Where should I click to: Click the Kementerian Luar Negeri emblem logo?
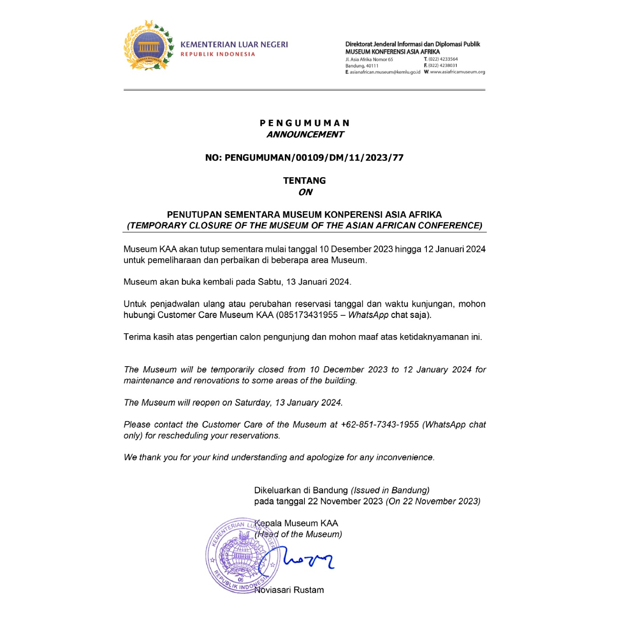tap(148, 45)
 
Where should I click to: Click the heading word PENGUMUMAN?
tap(304, 123)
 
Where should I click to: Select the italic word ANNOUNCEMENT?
tap(305, 135)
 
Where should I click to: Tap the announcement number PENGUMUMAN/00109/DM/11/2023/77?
tap(314, 158)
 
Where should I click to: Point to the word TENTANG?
tap(304, 181)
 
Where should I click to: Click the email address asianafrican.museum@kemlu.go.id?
tap(384, 72)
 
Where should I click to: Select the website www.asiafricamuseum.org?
tap(457, 72)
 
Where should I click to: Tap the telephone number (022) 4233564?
tap(443, 59)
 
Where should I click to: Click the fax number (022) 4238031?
tap(443, 65)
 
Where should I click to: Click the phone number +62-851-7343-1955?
tap(379, 425)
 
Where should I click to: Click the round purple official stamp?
tap(242, 556)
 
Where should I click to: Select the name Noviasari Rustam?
tap(289, 590)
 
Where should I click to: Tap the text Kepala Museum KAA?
tap(296, 523)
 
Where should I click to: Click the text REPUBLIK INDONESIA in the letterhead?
tap(217, 54)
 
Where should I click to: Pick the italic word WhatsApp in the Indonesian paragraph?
tap(368, 315)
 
